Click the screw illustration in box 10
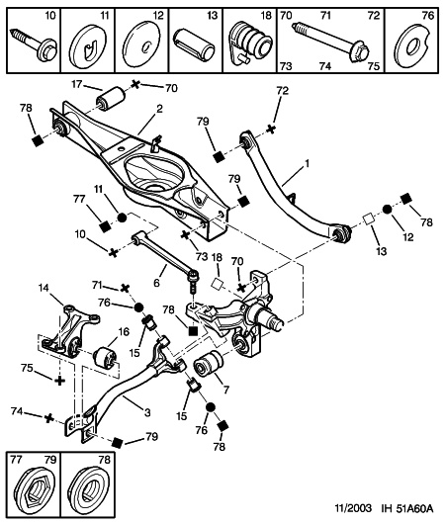click(34, 44)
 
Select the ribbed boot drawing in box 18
click(250, 42)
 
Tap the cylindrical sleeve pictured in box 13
click(195, 42)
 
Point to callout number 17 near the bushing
click(77, 83)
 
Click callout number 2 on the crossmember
click(159, 109)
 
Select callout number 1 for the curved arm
click(307, 164)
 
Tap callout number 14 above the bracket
click(44, 288)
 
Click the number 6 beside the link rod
click(156, 283)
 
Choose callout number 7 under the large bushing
click(226, 390)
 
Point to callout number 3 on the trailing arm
click(147, 412)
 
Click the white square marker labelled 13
click(369, 219)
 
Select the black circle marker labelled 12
click(387, 210)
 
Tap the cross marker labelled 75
click(59, 381)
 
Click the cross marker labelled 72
click(271, 130)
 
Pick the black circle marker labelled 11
click(122, 218)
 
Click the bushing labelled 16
click(105, 359)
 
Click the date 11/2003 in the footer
click(353, 509)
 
